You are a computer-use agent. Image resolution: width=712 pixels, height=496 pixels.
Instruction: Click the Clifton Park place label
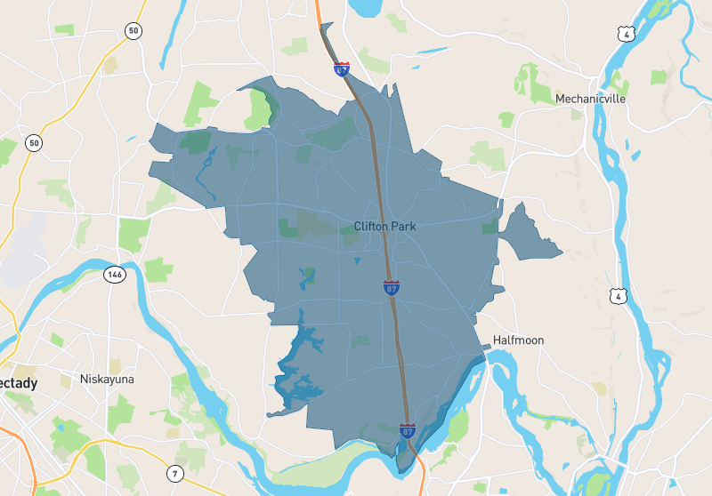(384, 226)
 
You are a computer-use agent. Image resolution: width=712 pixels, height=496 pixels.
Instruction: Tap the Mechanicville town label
(590, 99)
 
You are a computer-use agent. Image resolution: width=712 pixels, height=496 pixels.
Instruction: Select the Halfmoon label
(518, 340)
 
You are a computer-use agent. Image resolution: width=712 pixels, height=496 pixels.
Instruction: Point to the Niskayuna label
(107, 380)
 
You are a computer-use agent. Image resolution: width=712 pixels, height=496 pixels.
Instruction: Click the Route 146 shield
(113, 274)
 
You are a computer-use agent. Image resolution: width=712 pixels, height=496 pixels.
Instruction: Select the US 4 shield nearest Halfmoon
(617, 294)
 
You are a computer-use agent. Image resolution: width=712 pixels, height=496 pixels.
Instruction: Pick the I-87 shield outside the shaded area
(342, 68)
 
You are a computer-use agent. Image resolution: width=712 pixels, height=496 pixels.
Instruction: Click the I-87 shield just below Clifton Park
(392, 287)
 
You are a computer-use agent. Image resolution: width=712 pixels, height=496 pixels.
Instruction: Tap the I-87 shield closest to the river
(407, 431)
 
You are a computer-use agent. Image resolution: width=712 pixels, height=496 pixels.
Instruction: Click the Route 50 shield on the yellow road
(34, 142)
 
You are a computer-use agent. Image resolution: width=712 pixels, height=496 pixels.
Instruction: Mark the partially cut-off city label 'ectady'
(19, 383)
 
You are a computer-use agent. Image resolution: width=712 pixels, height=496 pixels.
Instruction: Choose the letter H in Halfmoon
(498, 340)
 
